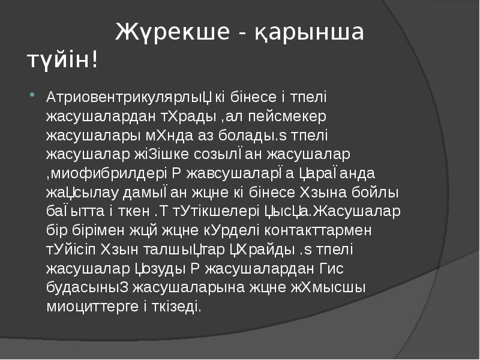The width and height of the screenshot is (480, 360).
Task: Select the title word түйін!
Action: coord(62,60)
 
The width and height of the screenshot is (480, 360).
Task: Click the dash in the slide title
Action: coord(240,32)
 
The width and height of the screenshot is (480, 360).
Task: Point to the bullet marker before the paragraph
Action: coord(31,96)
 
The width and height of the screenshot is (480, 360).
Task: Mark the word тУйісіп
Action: coord(70,250)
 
